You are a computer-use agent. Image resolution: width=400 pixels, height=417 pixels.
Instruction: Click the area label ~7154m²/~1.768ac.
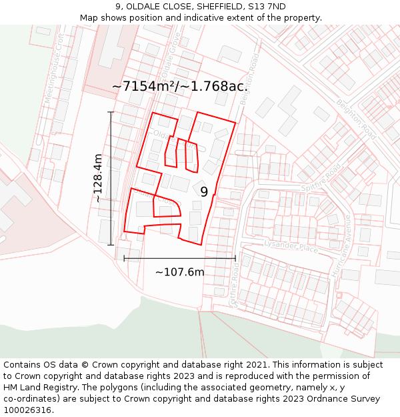(x=180, y=86)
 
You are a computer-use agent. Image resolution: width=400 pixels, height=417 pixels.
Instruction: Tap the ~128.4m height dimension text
(x=98, y=178)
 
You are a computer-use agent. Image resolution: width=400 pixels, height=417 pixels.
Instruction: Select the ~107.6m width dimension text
(x=180, y=272)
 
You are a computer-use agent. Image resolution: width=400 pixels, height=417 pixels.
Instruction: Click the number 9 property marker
(x=204, y=191)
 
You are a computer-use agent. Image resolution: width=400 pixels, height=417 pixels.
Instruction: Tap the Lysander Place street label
(x=291, y=248)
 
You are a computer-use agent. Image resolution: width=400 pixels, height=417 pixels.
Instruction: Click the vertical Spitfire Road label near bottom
(x=235, y=283)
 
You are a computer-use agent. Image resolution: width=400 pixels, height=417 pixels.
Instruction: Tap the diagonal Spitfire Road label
(x=321, y=177)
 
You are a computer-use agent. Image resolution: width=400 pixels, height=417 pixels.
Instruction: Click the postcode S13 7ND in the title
(x=267, y=6)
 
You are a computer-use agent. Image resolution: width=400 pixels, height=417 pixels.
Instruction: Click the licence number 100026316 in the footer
(x=29, y=410)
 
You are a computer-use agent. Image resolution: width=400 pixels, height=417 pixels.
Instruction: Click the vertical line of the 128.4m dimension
(x=111, y=178)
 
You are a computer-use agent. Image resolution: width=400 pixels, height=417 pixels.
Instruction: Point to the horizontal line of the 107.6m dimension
(x=180, y=258)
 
